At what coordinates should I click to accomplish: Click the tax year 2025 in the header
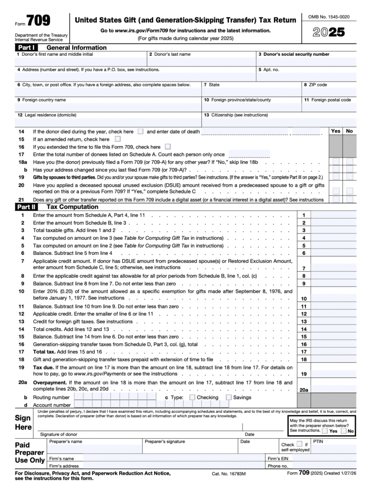point(328,33)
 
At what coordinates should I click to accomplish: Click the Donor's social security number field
point(306,61)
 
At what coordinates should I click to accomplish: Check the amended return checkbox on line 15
point(117,139)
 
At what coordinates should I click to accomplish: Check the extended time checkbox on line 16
point(168,147)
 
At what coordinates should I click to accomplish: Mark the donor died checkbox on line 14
point(140,132)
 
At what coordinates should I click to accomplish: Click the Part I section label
point(29,48)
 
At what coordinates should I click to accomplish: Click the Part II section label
point(29,207)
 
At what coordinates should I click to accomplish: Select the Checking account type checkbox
point(192,397)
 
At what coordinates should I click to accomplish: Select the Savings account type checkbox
point(229,397)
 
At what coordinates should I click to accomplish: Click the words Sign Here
point(23,423)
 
